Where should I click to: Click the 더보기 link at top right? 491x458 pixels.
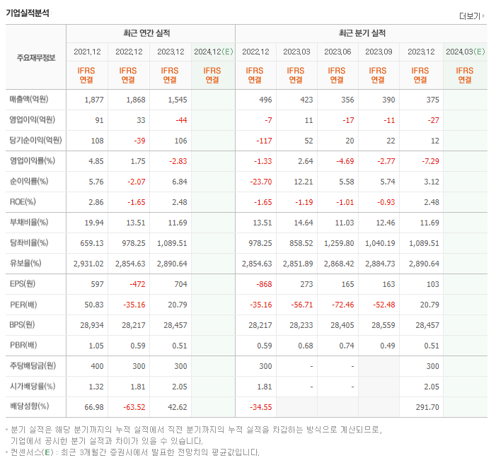470,16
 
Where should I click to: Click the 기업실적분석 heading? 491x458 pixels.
28,12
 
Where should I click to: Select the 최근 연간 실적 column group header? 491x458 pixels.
151,33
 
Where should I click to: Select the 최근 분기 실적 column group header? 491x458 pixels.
362,33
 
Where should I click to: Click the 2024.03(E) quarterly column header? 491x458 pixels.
465,52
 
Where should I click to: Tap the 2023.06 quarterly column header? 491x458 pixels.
338,52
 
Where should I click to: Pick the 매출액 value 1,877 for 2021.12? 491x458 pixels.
93,100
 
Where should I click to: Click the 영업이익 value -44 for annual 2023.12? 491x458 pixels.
179,120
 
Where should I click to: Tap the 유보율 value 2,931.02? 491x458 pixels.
88,264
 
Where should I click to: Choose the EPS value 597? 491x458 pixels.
96,284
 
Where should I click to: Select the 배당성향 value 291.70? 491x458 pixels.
424,407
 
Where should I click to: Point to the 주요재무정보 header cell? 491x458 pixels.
35,57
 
